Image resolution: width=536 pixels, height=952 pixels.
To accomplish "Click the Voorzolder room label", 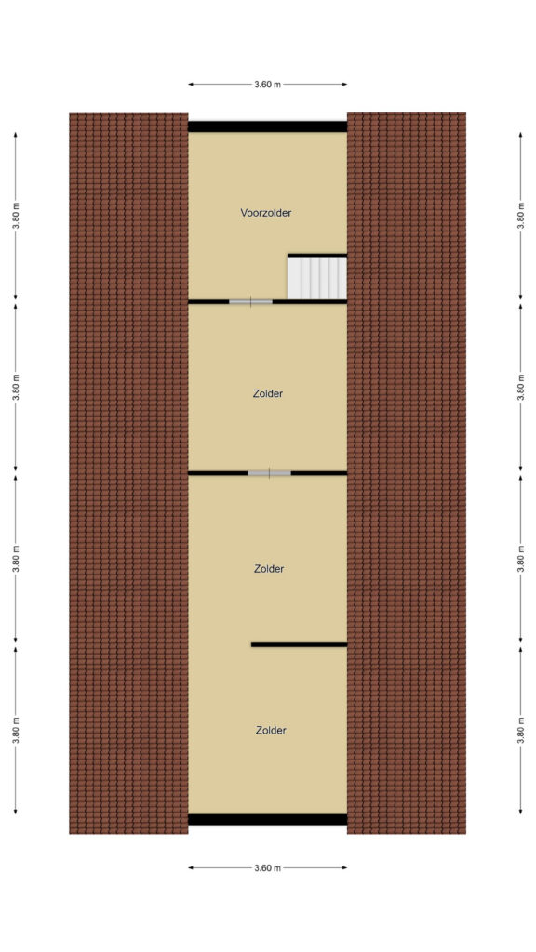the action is [265, 213].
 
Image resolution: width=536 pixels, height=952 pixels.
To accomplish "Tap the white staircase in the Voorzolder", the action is [316, 278].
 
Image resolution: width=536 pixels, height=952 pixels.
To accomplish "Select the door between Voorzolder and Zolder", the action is [250, 302].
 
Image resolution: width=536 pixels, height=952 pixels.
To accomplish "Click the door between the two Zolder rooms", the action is [269, 473].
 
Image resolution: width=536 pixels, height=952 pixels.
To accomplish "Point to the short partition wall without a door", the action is [299, 644].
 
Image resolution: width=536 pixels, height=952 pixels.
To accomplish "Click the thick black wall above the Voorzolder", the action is [267, 126].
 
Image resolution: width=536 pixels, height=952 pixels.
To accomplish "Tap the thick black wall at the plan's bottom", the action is [267, 820].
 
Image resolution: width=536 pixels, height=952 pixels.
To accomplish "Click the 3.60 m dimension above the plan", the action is [267, 85].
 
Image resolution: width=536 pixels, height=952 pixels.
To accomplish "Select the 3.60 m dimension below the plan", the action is [267, 867].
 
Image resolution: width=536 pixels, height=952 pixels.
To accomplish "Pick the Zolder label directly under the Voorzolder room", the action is [268, 393].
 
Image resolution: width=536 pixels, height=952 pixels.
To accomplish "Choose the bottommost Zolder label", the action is [271, 731].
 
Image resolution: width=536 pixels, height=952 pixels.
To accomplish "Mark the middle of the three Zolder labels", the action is [269, 569].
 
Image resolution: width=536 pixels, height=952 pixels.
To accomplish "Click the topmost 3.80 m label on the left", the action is [17, 215].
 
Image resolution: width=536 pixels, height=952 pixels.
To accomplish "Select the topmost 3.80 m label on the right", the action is [521, 215].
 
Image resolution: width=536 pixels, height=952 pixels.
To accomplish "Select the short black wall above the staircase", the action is [317, 255].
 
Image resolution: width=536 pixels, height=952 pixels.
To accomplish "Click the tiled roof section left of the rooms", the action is [128, 473].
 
